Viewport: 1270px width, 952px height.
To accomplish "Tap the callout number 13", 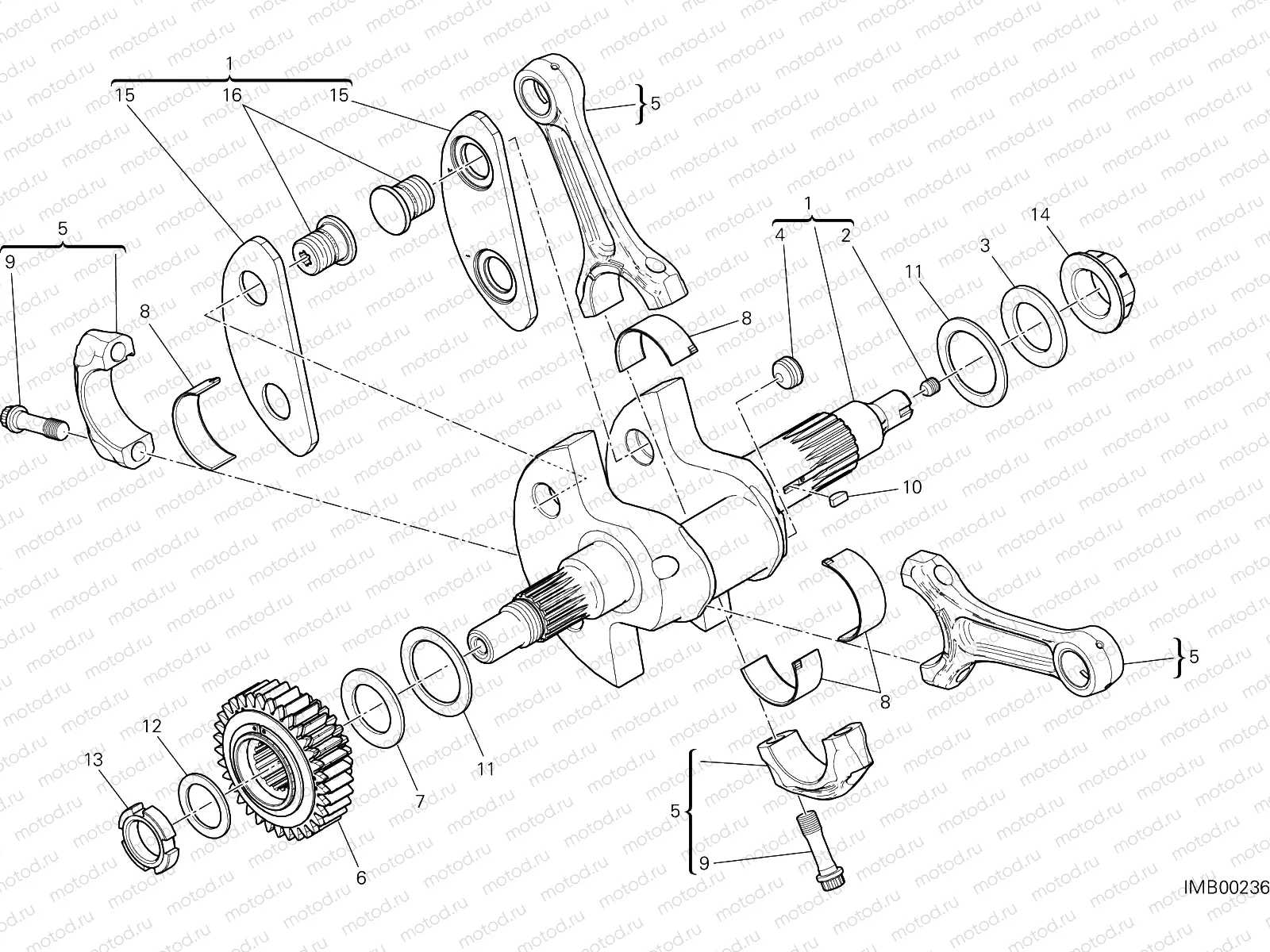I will point(93,760).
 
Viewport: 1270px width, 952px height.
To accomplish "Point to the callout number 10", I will point(913,486).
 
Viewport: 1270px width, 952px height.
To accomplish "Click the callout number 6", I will point(361,877).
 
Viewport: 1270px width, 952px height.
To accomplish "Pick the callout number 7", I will point(420,801).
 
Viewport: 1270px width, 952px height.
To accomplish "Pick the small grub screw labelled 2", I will point(930,387).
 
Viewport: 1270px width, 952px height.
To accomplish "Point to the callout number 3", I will point(985,247).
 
